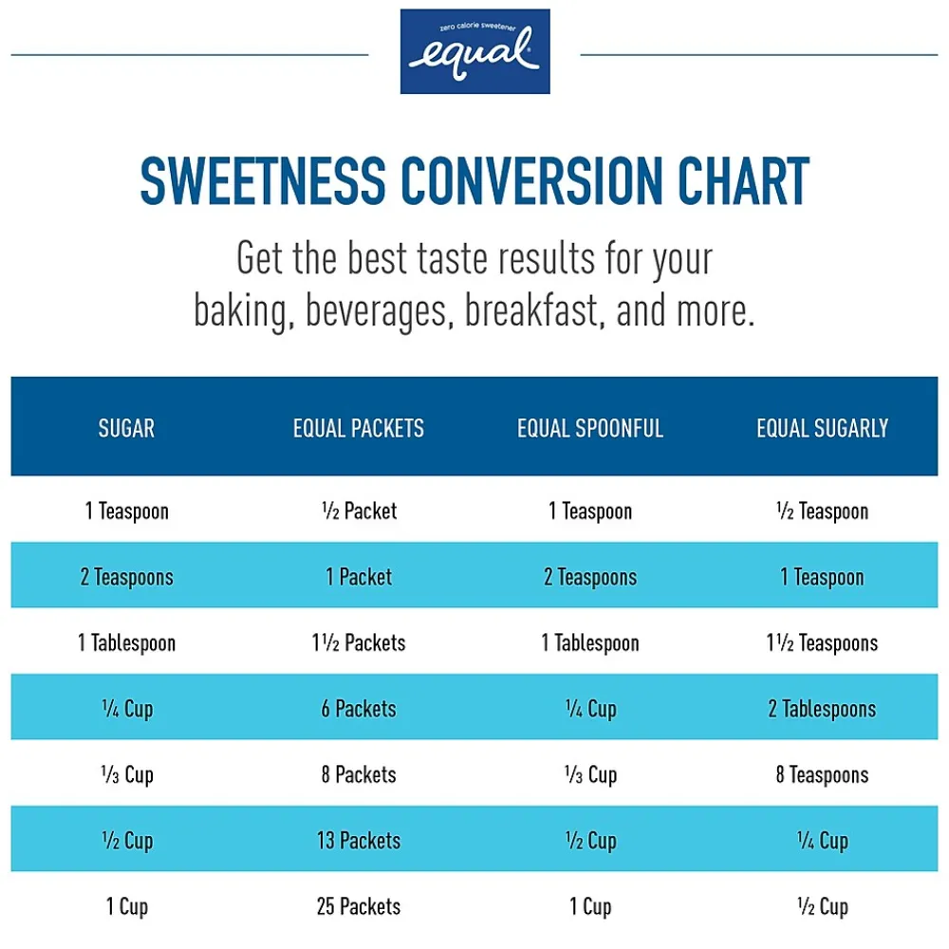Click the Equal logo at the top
(x=474, y=51)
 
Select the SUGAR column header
(x=126, y=428)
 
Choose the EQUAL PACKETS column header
(x=359, y=428)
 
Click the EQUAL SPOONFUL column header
(x=589, y=428)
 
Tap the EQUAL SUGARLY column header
(x=822, y=428)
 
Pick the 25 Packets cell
(x=359, y=906)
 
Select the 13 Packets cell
(x=359, y=841)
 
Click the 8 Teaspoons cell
(x=822, y=775)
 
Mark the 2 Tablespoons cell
(x=822, y=709)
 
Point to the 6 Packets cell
(x=359, y=709)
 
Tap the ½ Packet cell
(x=359, y=512)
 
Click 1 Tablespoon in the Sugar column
(x=126, y=643)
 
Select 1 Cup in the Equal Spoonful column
(x=589, y=906)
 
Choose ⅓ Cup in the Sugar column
(x=126, y=775)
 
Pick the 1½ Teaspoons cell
(x=822, y=643)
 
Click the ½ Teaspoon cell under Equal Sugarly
(x=822, y=512)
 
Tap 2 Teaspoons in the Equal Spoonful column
(x=589, y=577)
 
